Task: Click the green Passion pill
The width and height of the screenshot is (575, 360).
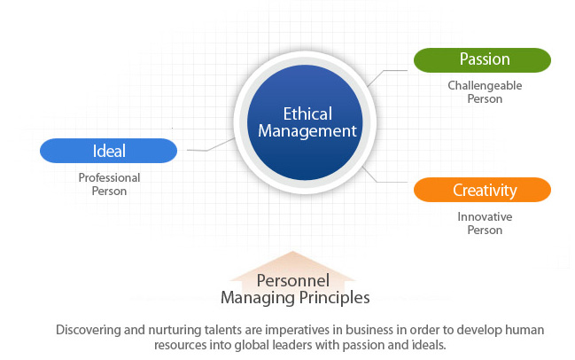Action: [x=482, y=60]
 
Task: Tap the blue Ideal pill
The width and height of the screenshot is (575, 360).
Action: [x=109, y=151]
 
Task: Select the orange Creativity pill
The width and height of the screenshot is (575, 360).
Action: [x=482, y=190]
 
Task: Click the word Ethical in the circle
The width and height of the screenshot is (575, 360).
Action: [x=307, y=113]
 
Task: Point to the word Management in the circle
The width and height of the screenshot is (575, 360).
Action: [x=307, y=131]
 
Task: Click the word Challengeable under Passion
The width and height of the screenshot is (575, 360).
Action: [x=485, y=85]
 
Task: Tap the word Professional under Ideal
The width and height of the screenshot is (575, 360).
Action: [x=109, y=177]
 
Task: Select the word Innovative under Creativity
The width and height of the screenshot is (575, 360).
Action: [x=485, y=216]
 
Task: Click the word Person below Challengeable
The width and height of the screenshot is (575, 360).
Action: [x=485, y=98]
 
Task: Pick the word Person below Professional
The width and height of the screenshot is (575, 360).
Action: [x=109, y=191]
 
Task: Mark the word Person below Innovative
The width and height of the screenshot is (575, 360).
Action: [x=485, y=230]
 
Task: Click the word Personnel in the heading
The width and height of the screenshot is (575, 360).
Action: [x=293, y=281]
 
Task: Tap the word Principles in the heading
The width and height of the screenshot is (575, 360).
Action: [x=334, y=298]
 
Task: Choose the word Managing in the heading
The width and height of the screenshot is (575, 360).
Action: [x=258, y=298]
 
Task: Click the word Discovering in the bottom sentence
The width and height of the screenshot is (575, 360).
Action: [x=89, y=330]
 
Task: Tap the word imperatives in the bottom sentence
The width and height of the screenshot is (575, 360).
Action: [x=297, y=330]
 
